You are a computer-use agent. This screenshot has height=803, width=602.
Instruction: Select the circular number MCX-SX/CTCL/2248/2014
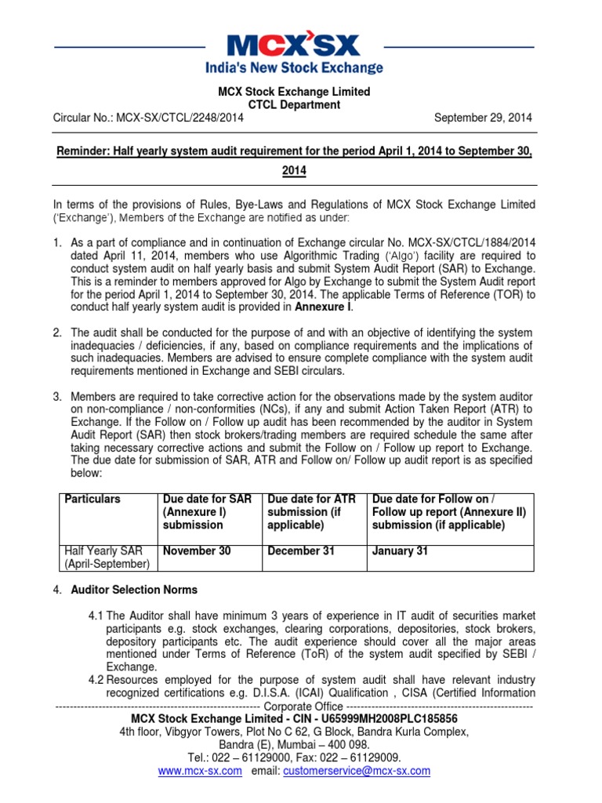[180, 118]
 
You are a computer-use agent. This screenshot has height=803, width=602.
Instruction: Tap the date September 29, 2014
[483, 118]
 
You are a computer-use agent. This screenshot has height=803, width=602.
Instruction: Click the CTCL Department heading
[294, 104]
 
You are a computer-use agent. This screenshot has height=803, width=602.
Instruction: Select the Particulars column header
[92, 499]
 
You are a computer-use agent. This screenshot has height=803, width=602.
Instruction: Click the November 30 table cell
[196, 551]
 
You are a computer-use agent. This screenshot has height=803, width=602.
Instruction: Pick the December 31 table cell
[301, 551]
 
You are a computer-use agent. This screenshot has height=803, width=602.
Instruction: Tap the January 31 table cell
[400, 551]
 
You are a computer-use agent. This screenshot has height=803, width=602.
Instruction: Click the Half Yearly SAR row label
[99, 551]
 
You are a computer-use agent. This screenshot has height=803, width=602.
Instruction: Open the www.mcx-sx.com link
[200, 771]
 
